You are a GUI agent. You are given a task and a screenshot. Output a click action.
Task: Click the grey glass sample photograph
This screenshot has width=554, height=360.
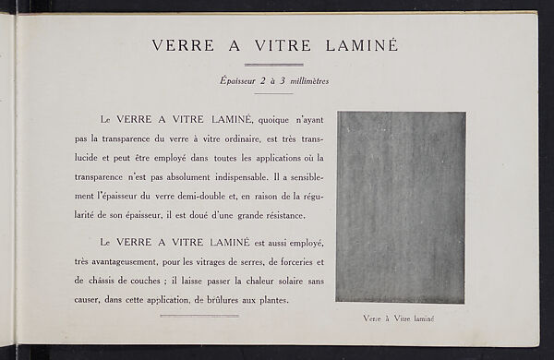pos(400,207)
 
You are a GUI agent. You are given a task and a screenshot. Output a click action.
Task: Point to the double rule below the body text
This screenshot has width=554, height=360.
pos(199,316)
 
